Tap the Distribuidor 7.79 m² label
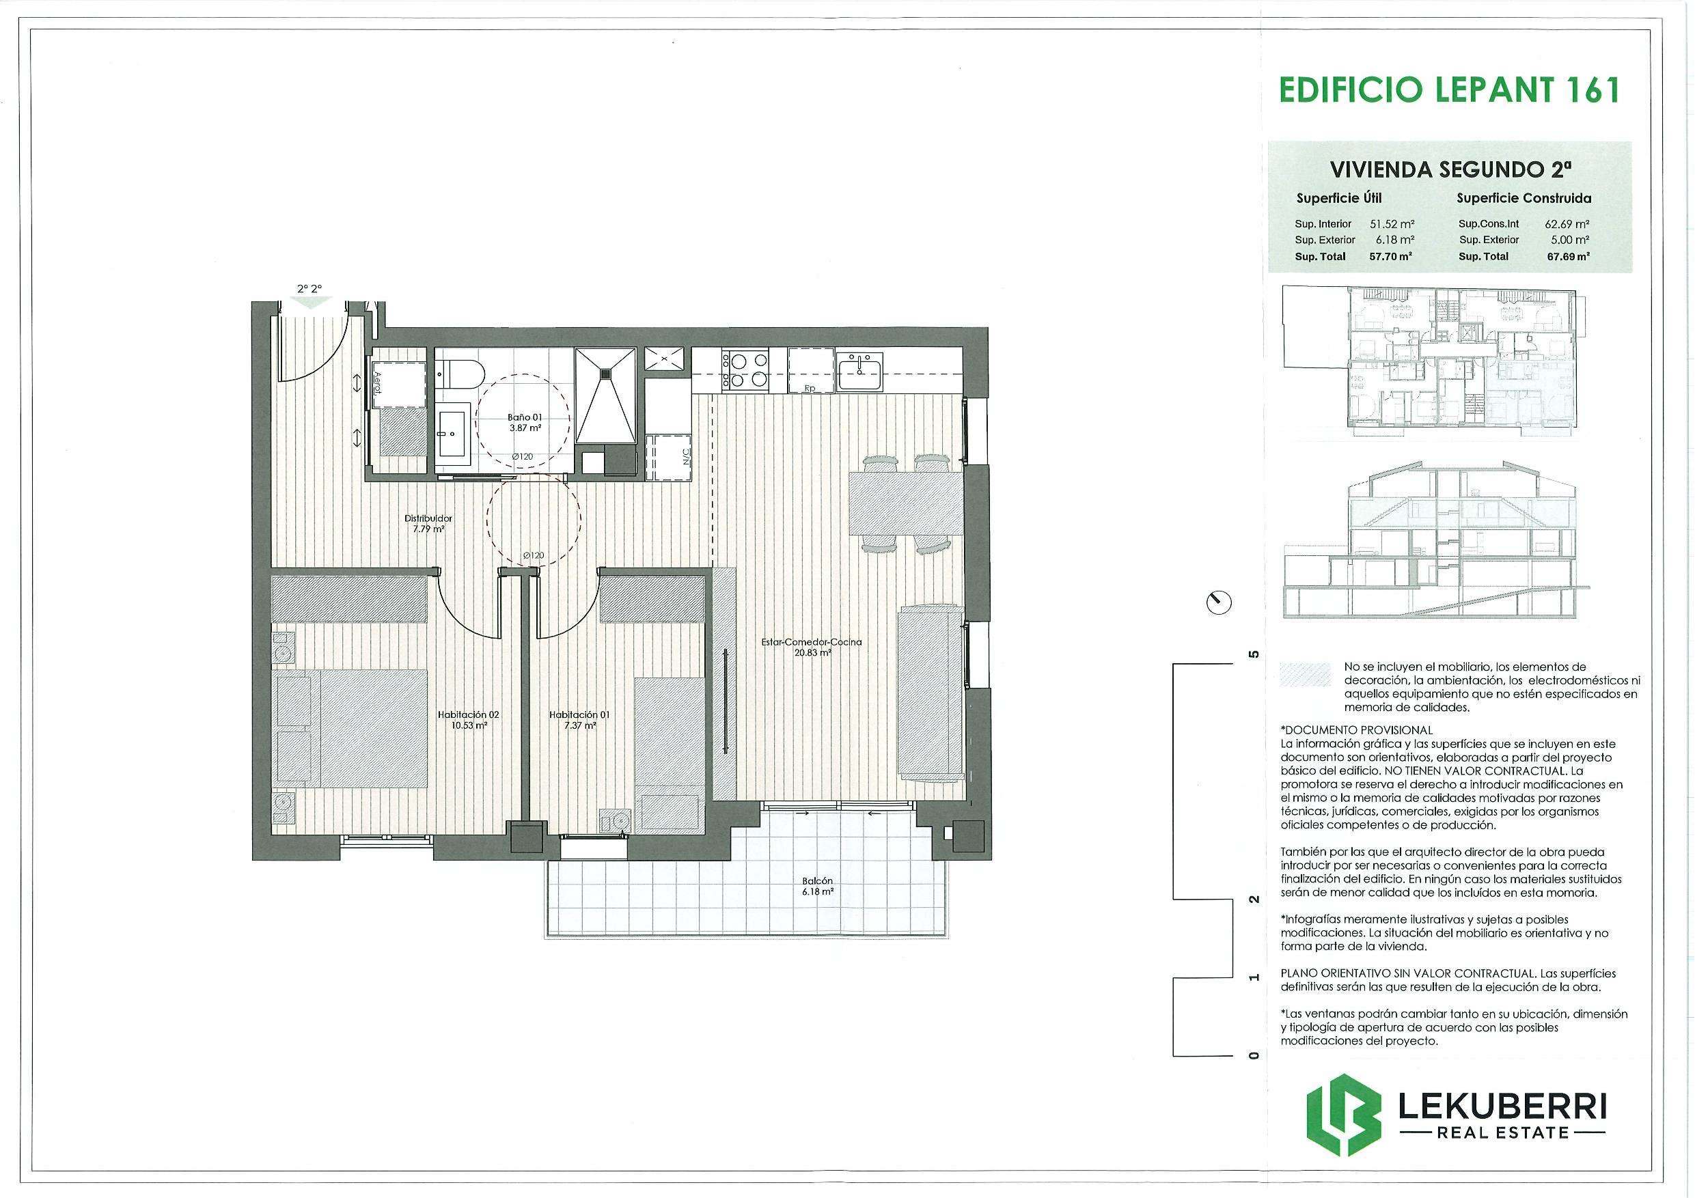pyautogui.click(x=428, y=523)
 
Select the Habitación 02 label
pyautogui.click(x=468, y=720)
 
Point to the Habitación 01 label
pyautogui.click(x=579, y=720)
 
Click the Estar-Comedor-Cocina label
pyautogui.click(x=812, y=647)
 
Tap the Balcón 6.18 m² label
pyautogui.click(x=818, y=886)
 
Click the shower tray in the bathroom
pyautogui.click(x=605, y=395)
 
